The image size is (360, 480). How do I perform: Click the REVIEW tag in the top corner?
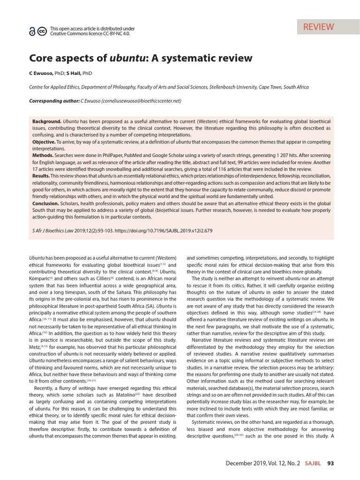(x=318, y=27)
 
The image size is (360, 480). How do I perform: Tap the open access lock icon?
(x=32, y=31)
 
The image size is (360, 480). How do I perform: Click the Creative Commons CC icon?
(x=41, y=31)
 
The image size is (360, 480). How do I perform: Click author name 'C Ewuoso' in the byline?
(x=41, y=73)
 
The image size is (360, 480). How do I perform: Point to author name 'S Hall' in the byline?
(x=74, y=73)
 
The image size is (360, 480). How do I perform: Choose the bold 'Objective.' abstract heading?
(x=44, y=142)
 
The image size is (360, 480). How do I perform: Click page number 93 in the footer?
(x=330, y=464)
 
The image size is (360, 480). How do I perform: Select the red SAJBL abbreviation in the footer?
(x=313, y=464)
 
